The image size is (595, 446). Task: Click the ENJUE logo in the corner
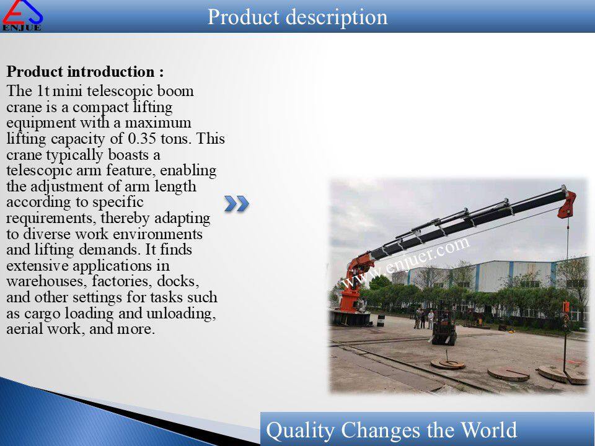tap(22, 15)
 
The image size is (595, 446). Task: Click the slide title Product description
tap(297, 17)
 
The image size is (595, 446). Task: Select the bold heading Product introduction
tap(86, 72)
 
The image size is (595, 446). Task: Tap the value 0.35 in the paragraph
tap(142, 139)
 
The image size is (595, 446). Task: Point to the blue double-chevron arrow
tap(236, 204)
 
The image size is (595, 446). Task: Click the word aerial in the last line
tap(25, 329)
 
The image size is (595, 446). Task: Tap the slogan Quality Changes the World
tap(391, 430)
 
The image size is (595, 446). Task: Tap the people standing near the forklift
tap(424, 319)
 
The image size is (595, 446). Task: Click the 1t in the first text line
tap(43, 92)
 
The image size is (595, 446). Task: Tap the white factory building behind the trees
tap(490, 276)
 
